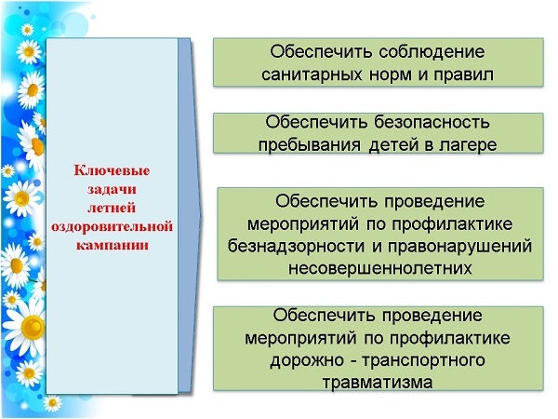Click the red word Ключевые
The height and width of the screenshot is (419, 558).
(112, 170)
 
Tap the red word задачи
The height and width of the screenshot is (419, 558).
(112, 189)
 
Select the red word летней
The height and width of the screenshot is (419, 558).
(112, 208)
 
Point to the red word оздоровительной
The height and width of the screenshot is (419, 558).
(112, 226)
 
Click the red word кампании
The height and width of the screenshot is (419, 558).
(113, 245)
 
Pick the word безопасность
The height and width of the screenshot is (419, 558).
(432, 122)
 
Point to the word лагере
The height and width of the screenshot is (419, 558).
(468, 145)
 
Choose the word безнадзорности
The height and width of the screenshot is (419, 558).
(296, 247)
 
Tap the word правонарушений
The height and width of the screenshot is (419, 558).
(459, 247)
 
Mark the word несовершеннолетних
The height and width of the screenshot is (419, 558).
(380, 268)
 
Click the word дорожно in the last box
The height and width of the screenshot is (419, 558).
(307, 360)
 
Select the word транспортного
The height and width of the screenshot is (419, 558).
(423, 360)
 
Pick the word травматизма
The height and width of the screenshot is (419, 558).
(378, 383)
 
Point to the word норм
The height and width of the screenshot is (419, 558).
(391, 75)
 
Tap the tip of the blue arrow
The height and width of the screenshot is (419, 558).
(201, 215)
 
